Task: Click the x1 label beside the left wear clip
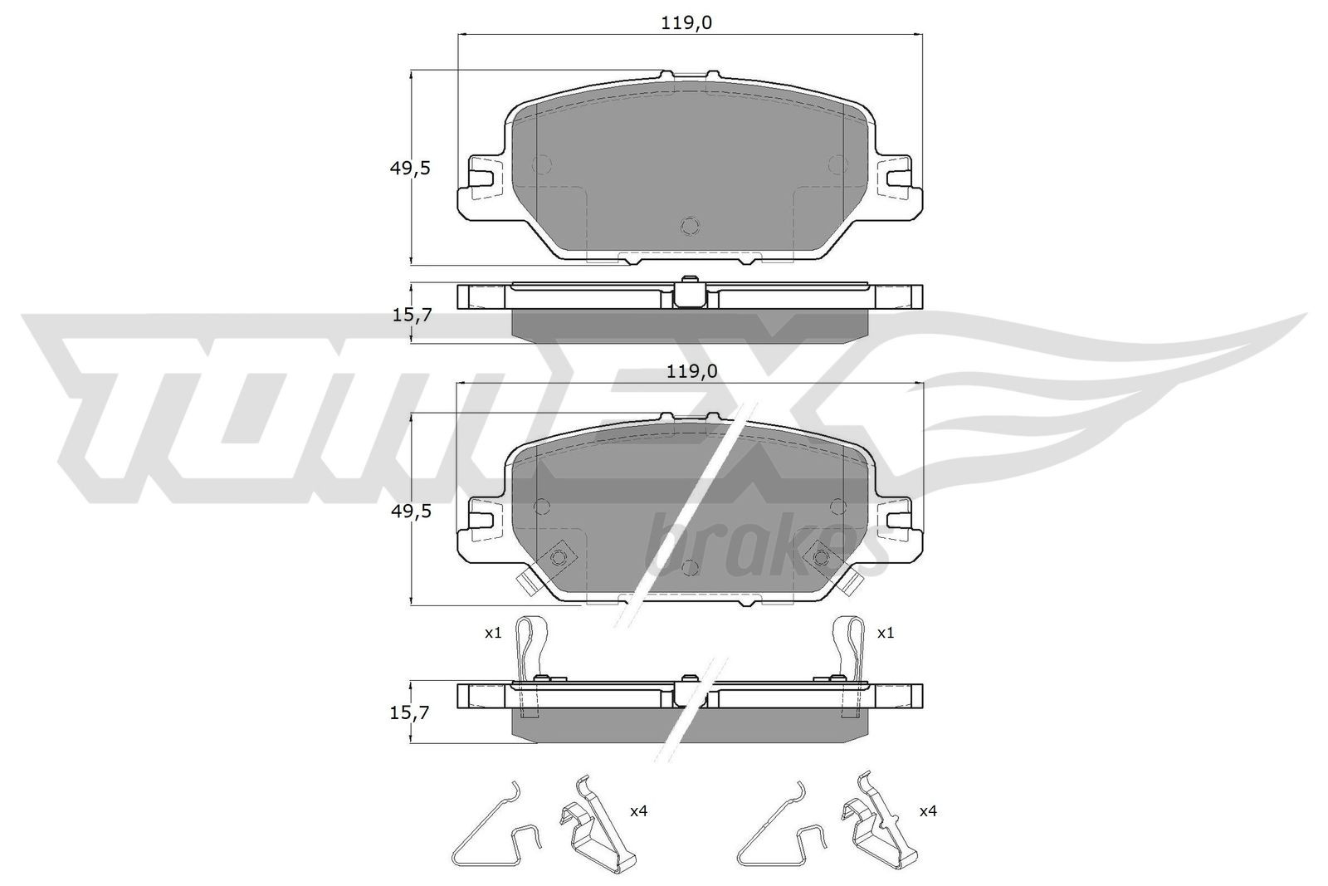coord(493,633)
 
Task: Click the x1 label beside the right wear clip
coord(886,633)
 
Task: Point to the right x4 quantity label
coord(927,810)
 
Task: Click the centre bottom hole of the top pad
coord(689,225)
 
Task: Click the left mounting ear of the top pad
coord(481,176)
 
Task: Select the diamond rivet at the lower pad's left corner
coord(559,556)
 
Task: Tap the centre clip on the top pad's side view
coord(688,291)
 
